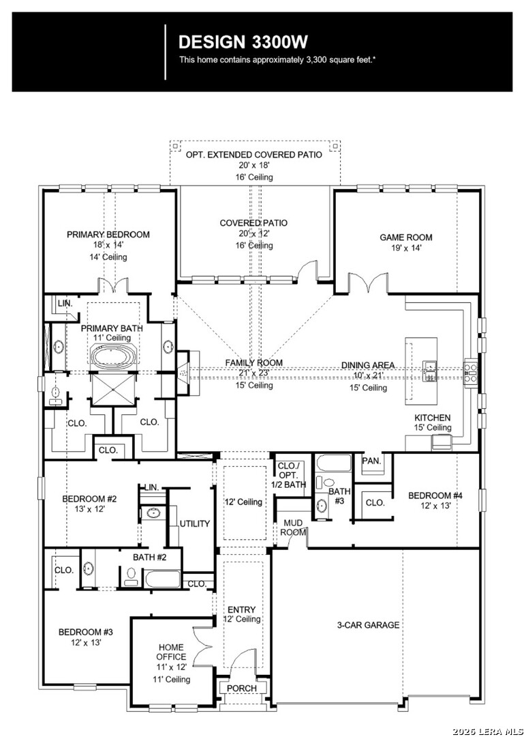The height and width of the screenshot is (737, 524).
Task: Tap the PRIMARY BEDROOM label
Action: [x=108, y=235]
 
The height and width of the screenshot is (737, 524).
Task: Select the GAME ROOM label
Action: [x=406, y=237]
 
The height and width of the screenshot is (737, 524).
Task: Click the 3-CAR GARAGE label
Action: [x=368, y=624]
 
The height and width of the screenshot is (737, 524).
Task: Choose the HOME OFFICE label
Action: [x=171, y=652]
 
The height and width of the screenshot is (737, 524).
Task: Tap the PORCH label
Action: [x=242, y=688]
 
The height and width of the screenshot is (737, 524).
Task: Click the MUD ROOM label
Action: [x=293, y=527]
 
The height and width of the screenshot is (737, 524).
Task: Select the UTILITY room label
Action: [x=195, y=523]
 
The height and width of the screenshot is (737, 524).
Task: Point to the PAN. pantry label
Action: [x=371, y=461]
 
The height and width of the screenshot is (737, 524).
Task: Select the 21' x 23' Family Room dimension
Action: [x=255, y=373]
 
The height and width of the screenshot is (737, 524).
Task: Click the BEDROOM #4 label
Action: [x=435, y=495]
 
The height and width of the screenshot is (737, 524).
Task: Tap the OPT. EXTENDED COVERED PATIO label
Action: [x=254, y=155]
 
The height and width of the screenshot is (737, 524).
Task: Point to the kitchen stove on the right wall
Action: [x=471, y=372]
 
